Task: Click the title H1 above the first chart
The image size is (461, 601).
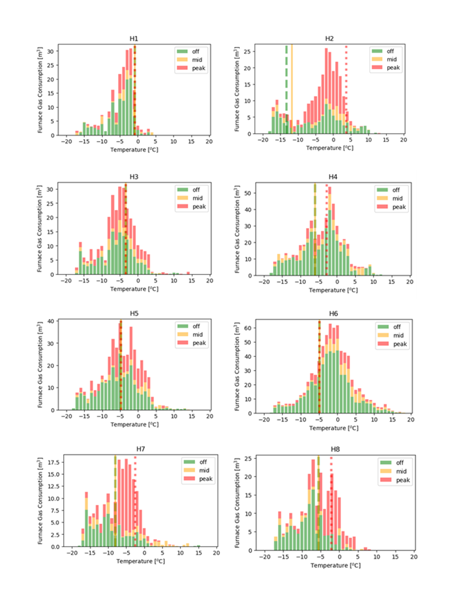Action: pos(134,39)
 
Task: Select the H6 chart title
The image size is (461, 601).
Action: pos(333,313)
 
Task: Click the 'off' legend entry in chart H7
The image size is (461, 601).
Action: pos(203,462)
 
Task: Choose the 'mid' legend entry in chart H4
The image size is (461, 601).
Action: pos(397,198)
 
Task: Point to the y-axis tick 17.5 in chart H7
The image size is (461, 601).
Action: pos(54,462)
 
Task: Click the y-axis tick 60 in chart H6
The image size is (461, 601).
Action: pos(248,328)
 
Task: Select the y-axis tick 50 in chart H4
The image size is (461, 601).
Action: pos(248,193)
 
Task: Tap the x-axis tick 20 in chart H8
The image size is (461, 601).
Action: pos(413,556)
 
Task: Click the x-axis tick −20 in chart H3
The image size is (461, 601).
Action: pos(66,280)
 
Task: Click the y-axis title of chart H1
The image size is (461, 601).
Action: pos(40,90)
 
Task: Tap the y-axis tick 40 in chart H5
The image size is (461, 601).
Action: pos(51,321)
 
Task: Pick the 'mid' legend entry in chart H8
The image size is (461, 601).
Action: pos(401,471)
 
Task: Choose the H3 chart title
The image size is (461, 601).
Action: pos(134,177)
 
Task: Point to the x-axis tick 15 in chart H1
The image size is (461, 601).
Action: pos(191,141)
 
